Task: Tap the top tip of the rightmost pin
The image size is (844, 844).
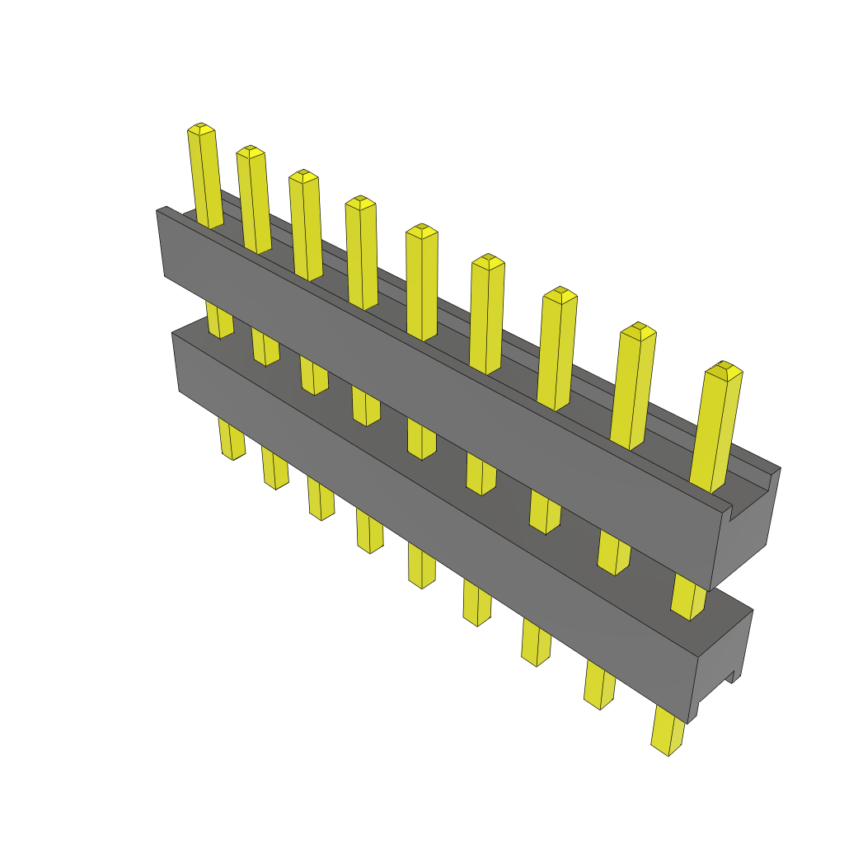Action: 724,368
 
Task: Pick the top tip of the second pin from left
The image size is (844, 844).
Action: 250,151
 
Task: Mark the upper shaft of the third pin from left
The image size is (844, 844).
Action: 306,227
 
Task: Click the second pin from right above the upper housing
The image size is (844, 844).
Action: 633,387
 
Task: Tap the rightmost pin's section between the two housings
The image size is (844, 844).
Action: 689,597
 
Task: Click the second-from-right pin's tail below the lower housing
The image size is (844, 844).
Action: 600,684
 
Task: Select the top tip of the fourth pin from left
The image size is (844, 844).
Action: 360,201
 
